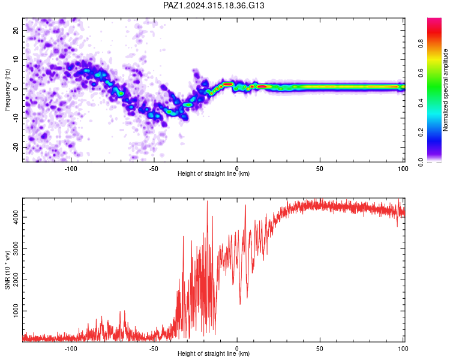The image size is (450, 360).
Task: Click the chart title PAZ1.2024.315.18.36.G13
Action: tap(214, 5)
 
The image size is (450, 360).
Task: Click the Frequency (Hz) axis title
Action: tap(7, 90)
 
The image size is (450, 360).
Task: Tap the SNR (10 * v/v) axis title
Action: tap(7, 270)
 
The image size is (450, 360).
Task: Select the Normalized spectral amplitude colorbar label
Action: tap(445, 90)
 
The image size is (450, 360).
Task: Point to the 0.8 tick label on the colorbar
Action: tap(421, 44)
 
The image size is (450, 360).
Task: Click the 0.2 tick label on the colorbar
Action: tap(421, 133)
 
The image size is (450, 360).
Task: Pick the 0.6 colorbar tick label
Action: tap(421, 73)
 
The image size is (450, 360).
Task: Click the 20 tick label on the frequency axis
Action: tap(16, 30)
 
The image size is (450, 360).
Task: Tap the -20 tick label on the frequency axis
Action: tap(16, 147)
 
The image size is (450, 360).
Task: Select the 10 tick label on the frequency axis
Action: tap(16, 59)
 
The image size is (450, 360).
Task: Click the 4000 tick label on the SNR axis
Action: tap(16, 217)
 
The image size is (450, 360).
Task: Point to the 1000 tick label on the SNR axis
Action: tap(16, 311)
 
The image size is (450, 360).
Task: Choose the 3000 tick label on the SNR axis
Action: tap(16, 248)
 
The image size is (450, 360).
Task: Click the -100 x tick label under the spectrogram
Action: tap(71, 169)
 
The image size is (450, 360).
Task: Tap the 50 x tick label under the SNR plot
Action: tap(319, 349)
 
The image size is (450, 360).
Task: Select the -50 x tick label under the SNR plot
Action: tap(154, 349)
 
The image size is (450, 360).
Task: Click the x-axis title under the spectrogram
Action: tap(214, 173)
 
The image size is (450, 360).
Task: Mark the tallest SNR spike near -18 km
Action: tap(207, 201)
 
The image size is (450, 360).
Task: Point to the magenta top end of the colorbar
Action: tap(434, 20)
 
